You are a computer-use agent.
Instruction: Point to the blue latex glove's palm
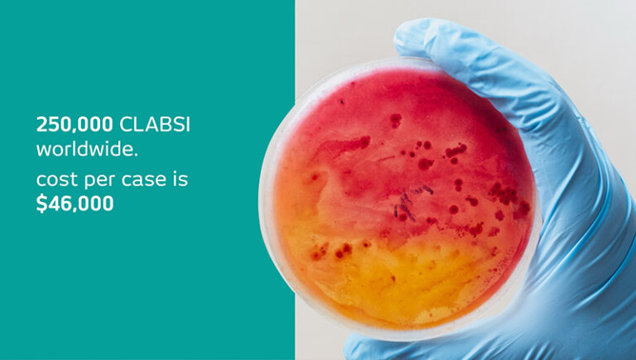pyautogui.click(x=571, y=215)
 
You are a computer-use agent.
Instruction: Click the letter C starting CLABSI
pyautogui.click(x=127, y=125)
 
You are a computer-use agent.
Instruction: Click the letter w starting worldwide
pyautogui.click(x=43, y=151)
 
